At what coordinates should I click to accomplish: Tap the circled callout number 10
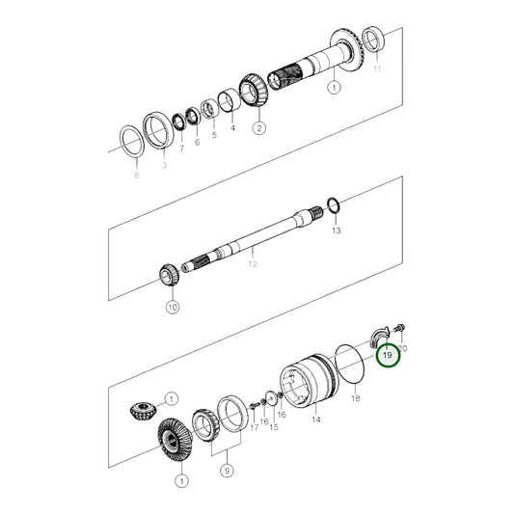[173, 308]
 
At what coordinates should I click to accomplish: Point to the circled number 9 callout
[227, 470]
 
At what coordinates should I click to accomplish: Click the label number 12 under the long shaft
[254, 262]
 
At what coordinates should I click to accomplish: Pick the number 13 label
[336, 231]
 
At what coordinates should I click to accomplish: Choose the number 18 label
[355, 397]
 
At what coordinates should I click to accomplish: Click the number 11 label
[378, 70]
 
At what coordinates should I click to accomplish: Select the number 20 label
[402, 347]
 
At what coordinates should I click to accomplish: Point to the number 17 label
[255, 428]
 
